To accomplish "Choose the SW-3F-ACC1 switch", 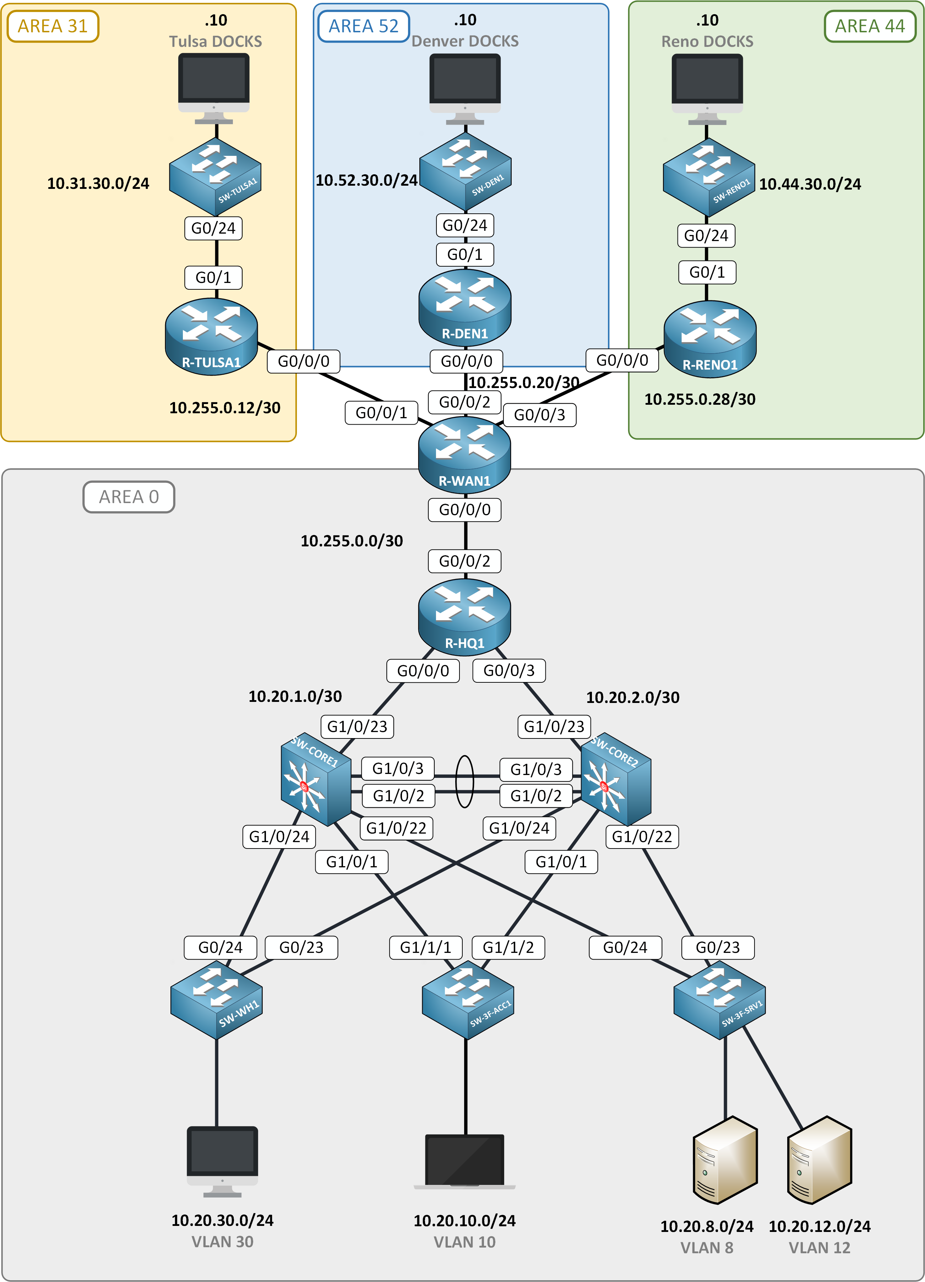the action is click(468, 1000).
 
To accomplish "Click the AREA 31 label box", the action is click(53, 26).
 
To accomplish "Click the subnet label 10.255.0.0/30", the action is click(352, 541).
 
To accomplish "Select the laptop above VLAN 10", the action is click(465, 1161).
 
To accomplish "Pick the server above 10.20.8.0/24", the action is click(725, 1160).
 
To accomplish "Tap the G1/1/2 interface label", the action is click(508, 947).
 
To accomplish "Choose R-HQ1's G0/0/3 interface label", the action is click(509, 670).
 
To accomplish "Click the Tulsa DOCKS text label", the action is click(216, 41).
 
